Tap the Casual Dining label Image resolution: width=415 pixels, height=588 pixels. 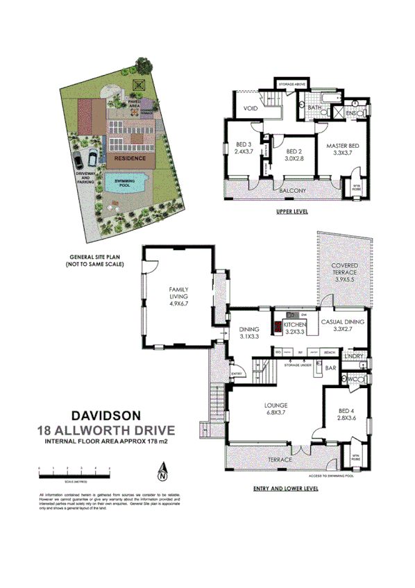[341, 325]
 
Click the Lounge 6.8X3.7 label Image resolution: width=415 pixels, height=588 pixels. [276, 408]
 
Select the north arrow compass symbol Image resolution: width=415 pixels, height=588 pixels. [162, 473]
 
